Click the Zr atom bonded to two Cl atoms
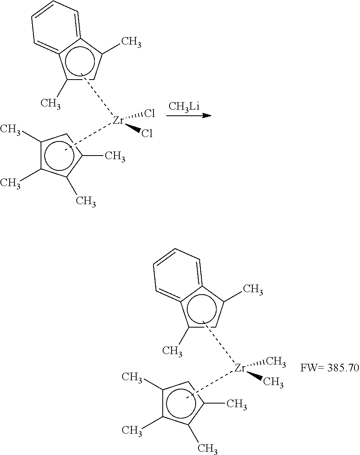pyautogui.click(x=119, y=120)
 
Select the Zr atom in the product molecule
pyautogui.click(x=240, y=367)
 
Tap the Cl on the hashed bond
pyautogui.click(x=150, y=113)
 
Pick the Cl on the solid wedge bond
pyautogui.click(x=147, y=133)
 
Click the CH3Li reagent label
pyautogui.click(x=184, y=107)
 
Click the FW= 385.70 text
pyautogui.click(x=329, y=368)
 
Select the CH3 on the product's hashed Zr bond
pyautogui.click(x=276, y=362)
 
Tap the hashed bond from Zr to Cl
pyautogui.click(x=135, y=116)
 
